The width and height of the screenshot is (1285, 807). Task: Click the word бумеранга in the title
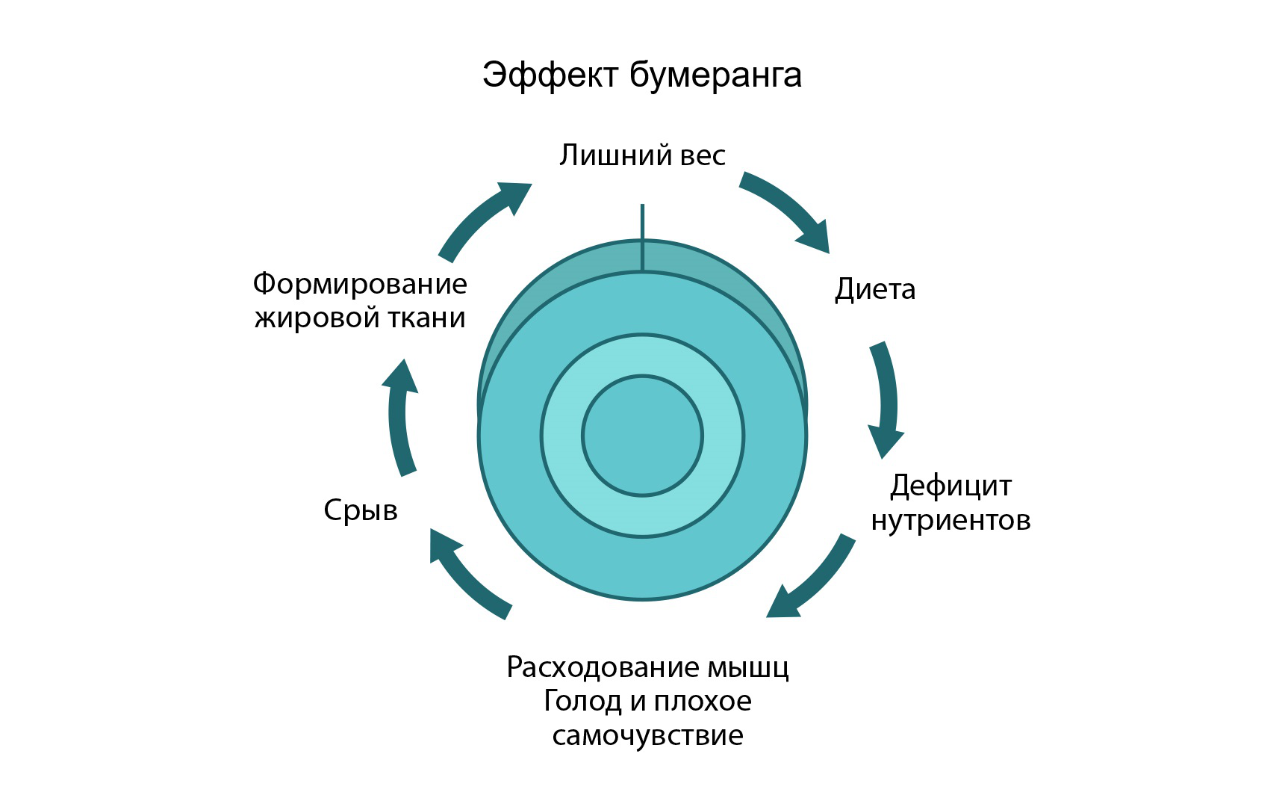tap(715, 75)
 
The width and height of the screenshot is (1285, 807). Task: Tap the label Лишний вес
tap(642, 155)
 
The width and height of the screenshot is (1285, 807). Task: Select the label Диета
tap(874, 289)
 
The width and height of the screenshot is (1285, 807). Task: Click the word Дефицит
tap(950, 486)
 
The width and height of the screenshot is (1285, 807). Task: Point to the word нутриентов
tap(950, 520)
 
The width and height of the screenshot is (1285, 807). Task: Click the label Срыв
tap(361, 510)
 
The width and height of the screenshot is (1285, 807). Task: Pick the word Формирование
tap(360, 284)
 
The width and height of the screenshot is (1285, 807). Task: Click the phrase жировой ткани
tap(360, 318)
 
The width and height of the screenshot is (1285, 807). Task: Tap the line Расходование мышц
tap(647, 667)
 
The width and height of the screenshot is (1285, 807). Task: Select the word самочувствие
tap(647, 735)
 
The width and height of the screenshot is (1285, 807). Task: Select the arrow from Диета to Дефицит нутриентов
tap(886, 396)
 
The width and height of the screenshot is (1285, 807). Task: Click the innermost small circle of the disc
tap(642, 436)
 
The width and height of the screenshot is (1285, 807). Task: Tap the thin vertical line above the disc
tap(642, 235)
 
